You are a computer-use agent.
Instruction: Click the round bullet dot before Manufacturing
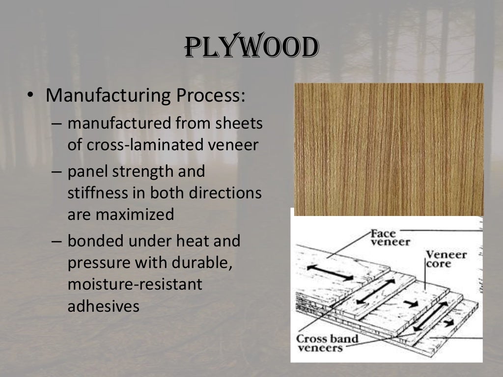pyautogui.click(x=31, y=96)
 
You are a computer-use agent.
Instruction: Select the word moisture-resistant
pyautogui.click(x=135, y=285)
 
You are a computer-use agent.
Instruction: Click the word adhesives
pyautogui.click(x=103, y=306)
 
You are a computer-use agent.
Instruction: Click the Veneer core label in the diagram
pyautogui.click(x=446, y=259)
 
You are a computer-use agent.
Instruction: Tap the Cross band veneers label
pyautogui.click(x=327, y=343)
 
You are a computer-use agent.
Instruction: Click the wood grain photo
pyautogui.click(x=389, y=147)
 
